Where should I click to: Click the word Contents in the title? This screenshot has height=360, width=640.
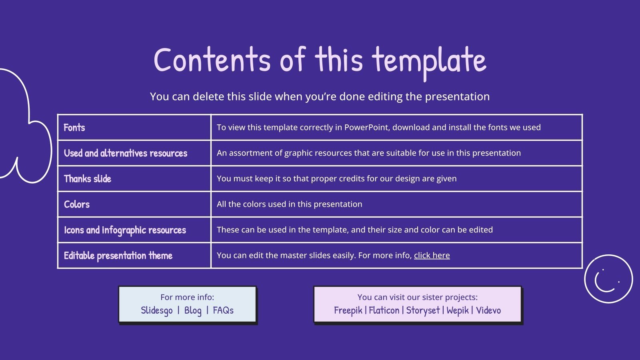click(212, 60)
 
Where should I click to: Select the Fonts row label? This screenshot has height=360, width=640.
click(74, 128)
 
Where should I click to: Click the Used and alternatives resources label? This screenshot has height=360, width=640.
click(126, 153)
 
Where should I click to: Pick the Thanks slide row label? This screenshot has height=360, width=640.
click(88, 179)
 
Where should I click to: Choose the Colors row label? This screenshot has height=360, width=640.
click(77, 204)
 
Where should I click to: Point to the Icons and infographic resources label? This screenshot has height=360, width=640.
click(125, 230)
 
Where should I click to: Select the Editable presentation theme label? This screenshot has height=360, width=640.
click(118, 256)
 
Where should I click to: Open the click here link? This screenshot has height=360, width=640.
click(432, 255)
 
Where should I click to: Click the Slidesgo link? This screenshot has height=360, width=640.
click(157, 310)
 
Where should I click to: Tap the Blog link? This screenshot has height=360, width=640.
click(193, 310)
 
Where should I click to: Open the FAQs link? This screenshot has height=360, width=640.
click(223, 310)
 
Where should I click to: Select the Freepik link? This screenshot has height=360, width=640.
click(348, 310)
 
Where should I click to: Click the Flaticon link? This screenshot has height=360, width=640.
click(384, 310)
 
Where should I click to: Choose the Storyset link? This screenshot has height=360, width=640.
click(423, 310)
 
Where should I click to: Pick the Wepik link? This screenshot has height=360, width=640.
click(457, 310)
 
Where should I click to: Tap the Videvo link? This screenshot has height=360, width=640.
click(488, 310)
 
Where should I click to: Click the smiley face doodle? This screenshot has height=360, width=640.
click(608, 279)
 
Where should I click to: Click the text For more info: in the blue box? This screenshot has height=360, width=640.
click(187, 297)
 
